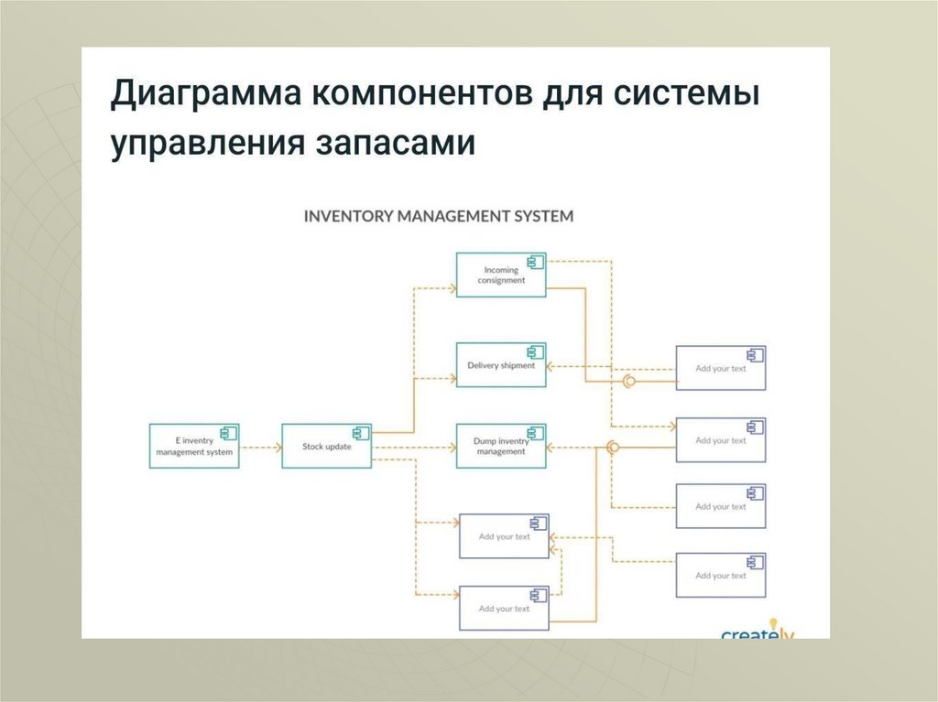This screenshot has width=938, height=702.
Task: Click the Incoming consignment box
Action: pos(501,275)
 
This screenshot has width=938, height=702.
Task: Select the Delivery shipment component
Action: pos(501,365)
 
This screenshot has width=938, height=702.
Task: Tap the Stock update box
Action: pos(326,447)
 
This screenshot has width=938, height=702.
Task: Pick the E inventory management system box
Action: pos(193,447)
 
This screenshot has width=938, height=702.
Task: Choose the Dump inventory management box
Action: pos(501,447)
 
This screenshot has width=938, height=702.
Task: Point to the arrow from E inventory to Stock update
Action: pos(260,448)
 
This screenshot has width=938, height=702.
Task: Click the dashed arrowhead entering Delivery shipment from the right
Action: pos(551,365)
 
